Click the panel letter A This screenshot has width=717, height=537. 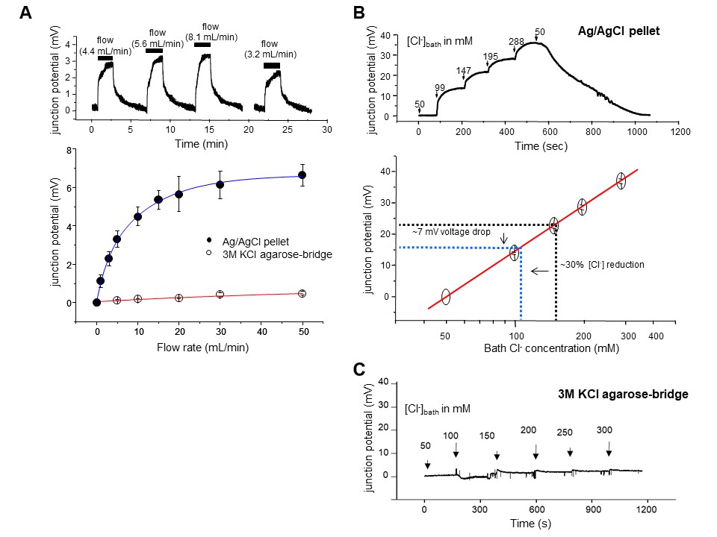[x=25, y=13]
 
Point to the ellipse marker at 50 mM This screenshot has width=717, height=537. [x=445, y=296]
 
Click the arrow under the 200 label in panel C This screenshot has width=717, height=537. [x=536, y=454]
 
